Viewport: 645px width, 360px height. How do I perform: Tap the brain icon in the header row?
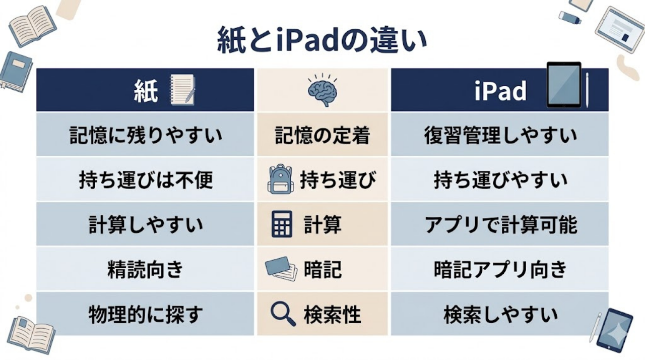(x=322, y=91)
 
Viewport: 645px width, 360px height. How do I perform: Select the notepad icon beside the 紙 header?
(x=182, y=90)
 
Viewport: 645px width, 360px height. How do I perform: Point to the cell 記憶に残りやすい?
(x=145, y=135)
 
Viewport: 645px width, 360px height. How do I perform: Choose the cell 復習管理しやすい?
(x=500, y=135)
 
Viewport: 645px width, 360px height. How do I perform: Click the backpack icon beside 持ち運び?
(x=280, y=179)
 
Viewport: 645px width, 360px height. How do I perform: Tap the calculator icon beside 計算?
(x=282, y=224)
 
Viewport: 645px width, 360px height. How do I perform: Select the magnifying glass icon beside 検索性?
(x=282, y=314)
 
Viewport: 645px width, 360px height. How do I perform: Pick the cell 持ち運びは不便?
(x=145, y=180)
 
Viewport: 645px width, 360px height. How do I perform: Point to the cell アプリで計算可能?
(x=500, y=225)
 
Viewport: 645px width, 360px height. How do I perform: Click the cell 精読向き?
(x=145, y=269)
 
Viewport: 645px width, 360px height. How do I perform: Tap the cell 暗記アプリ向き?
(x=500, y=269)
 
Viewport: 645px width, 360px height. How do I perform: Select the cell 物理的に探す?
(x=145, y=314)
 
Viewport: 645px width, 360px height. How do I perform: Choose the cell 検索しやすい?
(x=500, y=314)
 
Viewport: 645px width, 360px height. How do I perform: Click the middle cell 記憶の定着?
(x=322, y=135)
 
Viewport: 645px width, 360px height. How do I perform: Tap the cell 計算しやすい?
(x=145, y=225)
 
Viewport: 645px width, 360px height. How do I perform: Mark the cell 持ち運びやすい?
(x=500, y=180)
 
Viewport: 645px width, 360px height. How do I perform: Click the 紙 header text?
(x=146, y=91)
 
